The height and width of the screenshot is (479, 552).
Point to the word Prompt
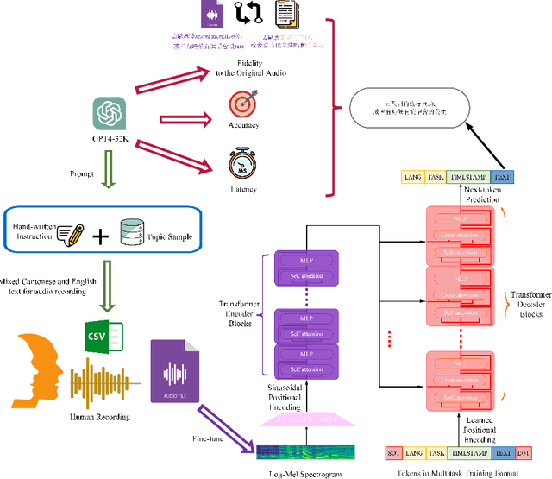pyautogui.click(x=82, y=173)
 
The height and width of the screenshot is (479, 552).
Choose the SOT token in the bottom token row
pyautogui.click(x=393, y=452)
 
